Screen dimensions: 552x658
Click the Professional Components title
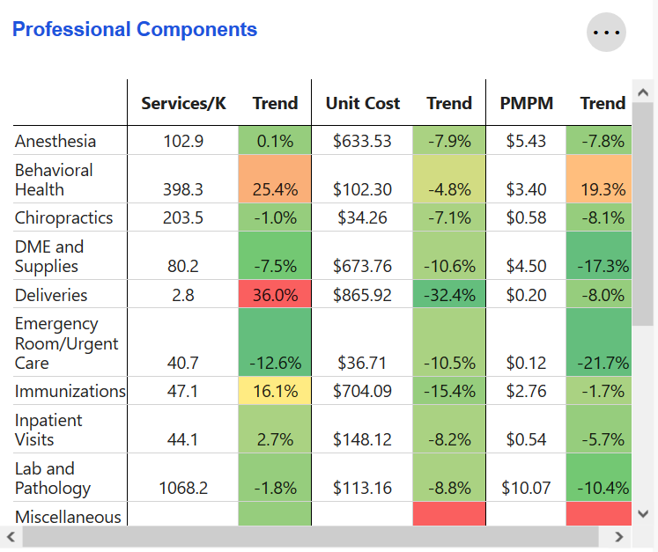click(135, 29)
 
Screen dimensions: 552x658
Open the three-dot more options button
click(607, 33)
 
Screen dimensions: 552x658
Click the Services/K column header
click(183, 103)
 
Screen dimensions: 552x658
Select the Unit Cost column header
click(362, 103)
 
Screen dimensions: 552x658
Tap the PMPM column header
click(526, 103)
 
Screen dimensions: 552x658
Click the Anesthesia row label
click(55, 141)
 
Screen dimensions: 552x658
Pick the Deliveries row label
click(51, 295)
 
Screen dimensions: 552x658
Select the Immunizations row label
click(70, 391)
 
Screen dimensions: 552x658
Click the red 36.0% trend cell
click(276, 295)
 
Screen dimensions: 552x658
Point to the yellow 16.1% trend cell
click(276, 391)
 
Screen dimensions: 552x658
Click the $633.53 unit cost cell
click(362, 141)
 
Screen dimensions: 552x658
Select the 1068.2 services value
click(183, 488)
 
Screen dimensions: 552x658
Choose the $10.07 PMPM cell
click(526, 488)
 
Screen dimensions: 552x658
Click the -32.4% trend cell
click(449, 295)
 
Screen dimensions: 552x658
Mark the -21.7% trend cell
click(602, 363)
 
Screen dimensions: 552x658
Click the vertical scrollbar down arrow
click(643, 513)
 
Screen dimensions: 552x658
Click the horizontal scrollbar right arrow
click(619, 536)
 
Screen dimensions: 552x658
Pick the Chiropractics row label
click(63, 217)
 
